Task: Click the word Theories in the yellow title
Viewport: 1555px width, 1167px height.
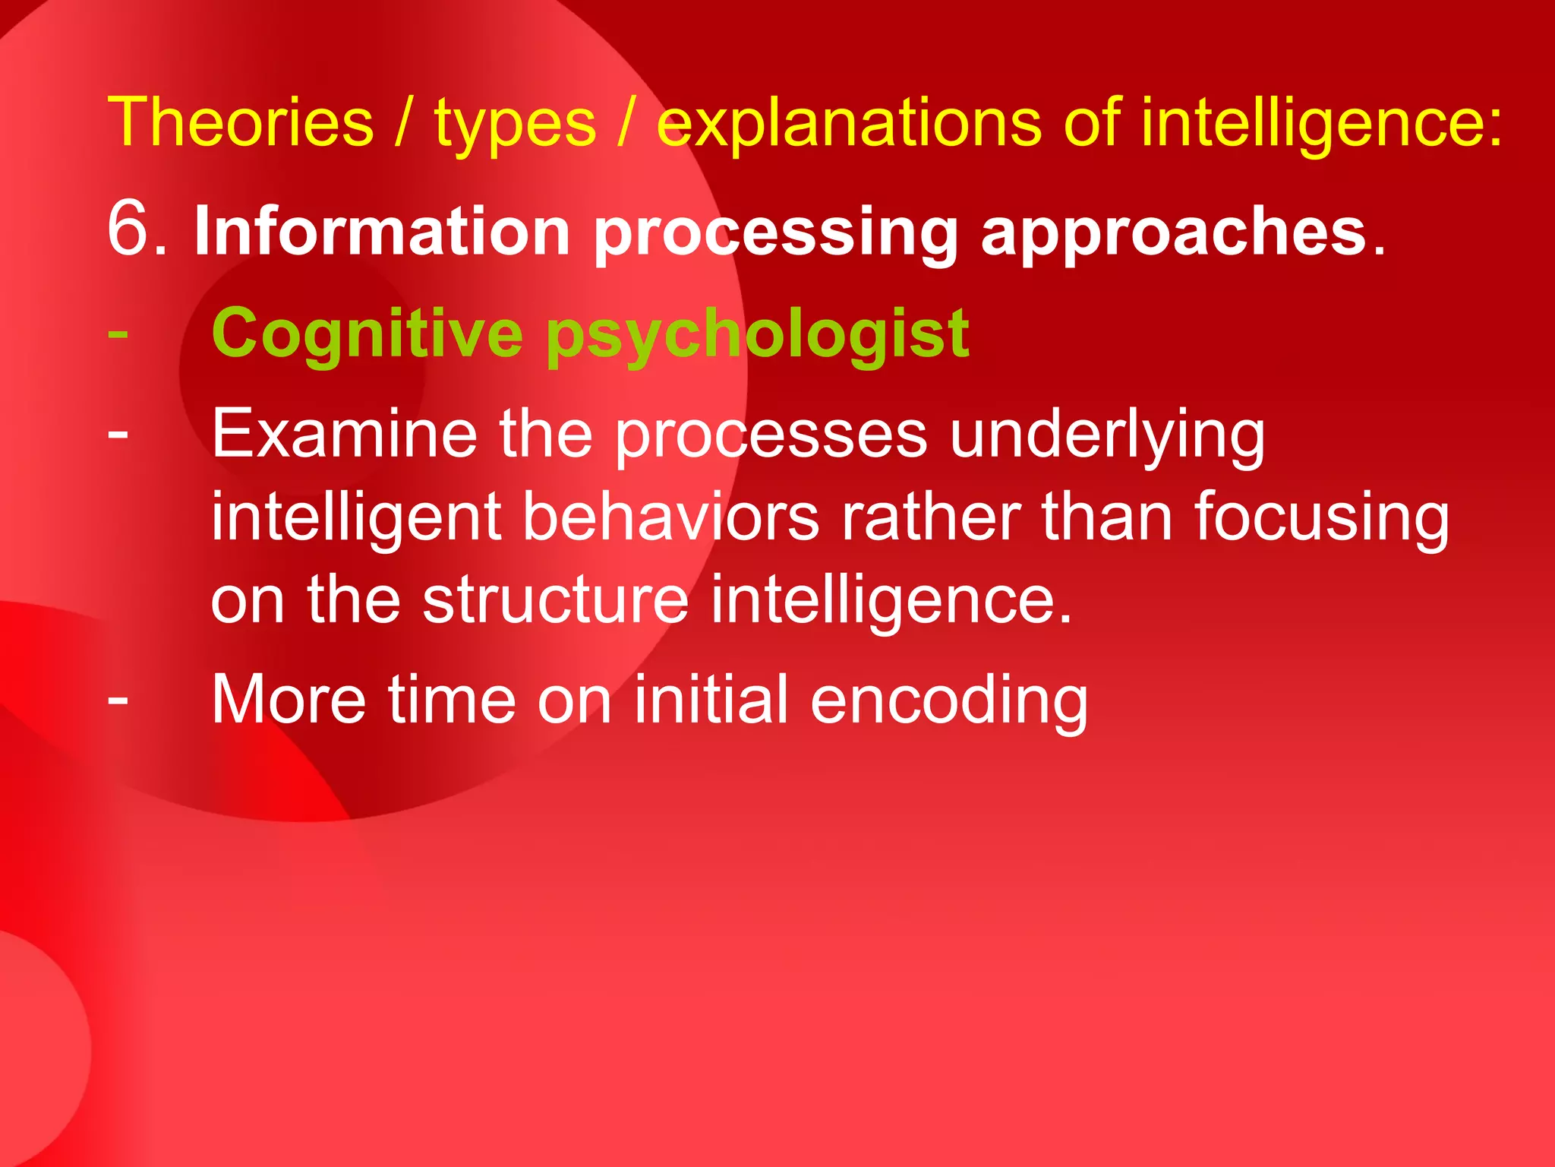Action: coord(241,123)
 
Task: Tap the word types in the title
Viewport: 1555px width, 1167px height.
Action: coord(515,125)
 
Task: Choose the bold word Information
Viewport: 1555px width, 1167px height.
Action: coord(382,232)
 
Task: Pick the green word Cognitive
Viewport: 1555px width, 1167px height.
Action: coord(367,334)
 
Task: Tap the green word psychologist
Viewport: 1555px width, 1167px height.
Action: coord(757,336)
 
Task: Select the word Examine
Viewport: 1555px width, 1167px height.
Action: coord(344,435)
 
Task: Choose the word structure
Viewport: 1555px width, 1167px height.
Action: coord(555,600)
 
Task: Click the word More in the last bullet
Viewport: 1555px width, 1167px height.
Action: coord(289,700)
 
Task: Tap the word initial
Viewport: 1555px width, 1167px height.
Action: coord(711,700)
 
